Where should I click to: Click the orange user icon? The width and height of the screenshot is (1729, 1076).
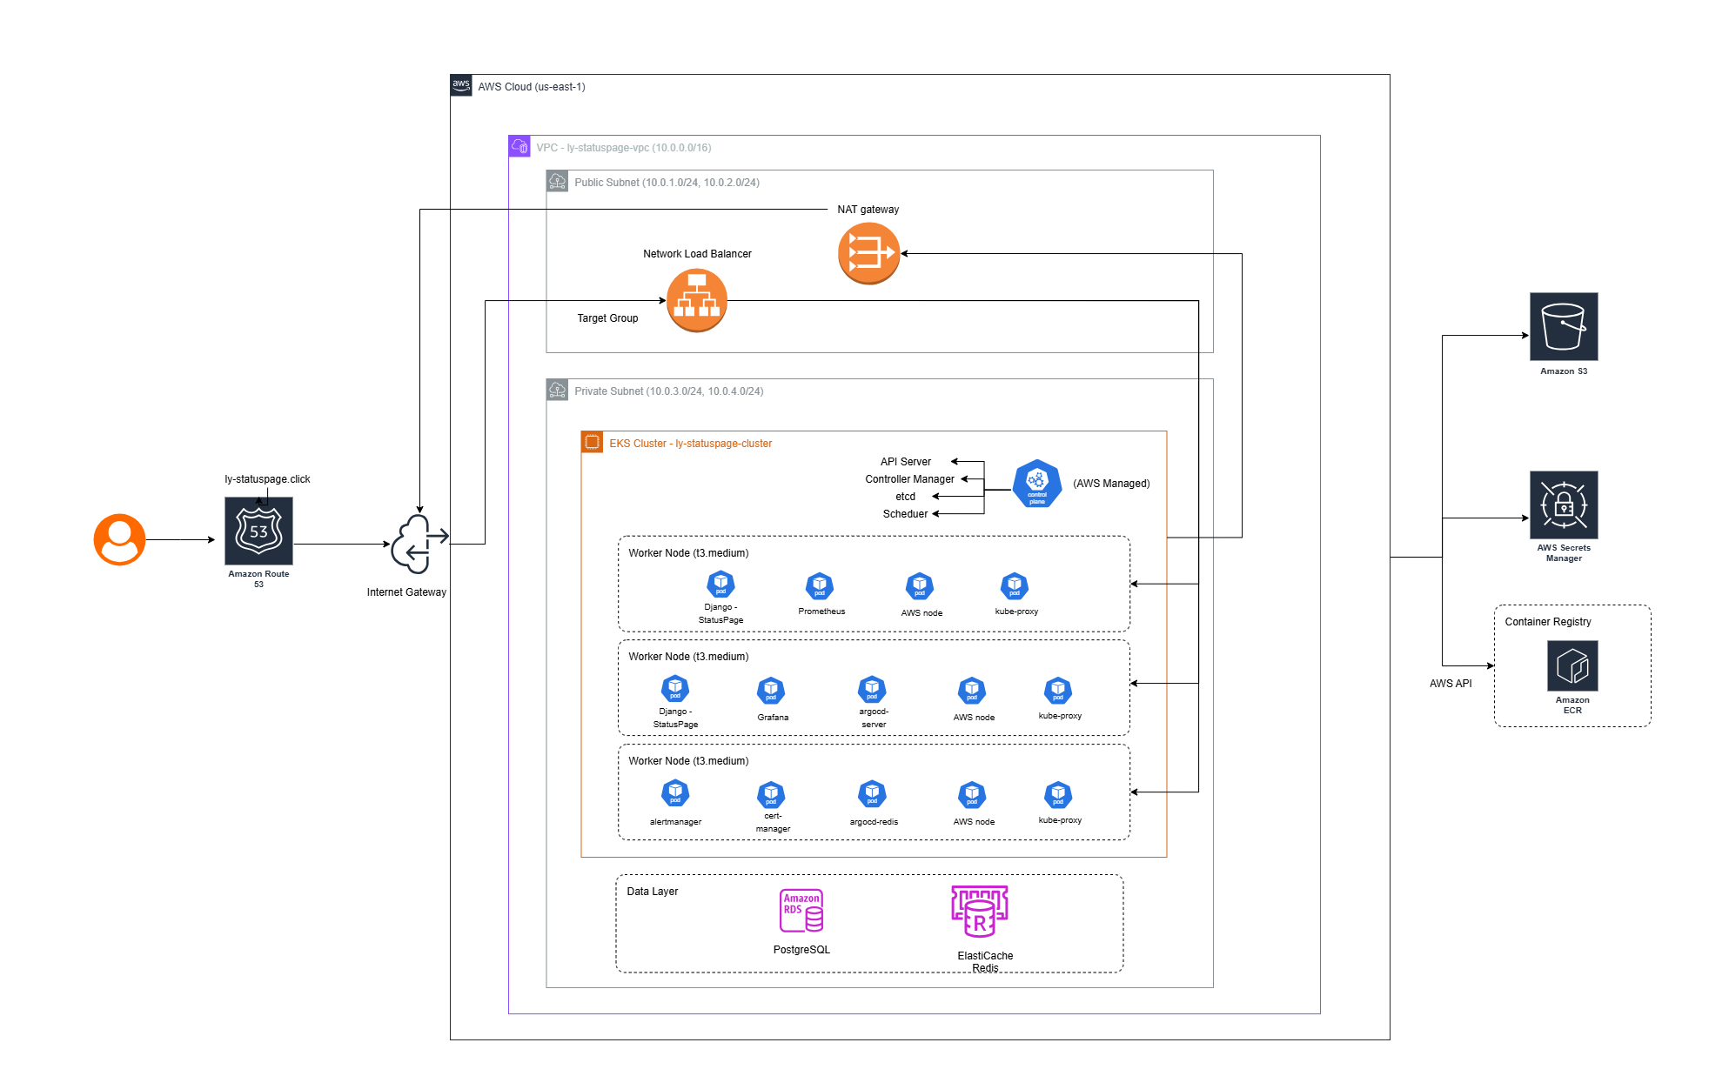(x=119, y=539)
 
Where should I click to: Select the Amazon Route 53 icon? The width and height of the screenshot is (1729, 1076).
(x=258, y=531)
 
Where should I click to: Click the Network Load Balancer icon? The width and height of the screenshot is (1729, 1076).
(x=696, y=300)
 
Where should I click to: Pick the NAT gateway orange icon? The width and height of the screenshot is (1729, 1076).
(x=868, y=253)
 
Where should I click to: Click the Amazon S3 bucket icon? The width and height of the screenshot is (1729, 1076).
(x=1564, y=326)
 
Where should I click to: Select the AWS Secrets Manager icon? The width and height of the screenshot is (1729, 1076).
(x=1564, y=505)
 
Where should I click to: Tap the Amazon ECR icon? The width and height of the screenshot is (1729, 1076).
(x=1572, y=665)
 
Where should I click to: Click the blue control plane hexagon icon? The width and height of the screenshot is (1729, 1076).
(x=1037, y=484)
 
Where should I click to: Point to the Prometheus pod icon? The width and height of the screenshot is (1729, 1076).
(x=820, y=586)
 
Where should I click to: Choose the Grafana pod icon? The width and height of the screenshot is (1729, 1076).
(x=771, y=691)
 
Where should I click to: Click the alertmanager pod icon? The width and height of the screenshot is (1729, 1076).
(x=675, y=793)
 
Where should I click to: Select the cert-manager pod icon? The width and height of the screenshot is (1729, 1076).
(x=771, y=794)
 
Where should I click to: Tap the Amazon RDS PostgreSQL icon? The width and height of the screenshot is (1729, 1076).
(x=801, y=910)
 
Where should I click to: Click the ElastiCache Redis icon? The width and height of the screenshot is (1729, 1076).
(x=980, y=912)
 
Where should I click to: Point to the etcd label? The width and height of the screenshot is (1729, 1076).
(x=905, y=497)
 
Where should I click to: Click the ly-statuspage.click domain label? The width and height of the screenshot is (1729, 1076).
(x=267, y=479)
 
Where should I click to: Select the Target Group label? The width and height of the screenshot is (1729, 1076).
(x=607, y=318)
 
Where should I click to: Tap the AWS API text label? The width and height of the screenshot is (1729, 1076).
(x=1451, y=684)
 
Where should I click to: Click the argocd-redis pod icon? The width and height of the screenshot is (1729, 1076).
(x=872, y=793)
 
